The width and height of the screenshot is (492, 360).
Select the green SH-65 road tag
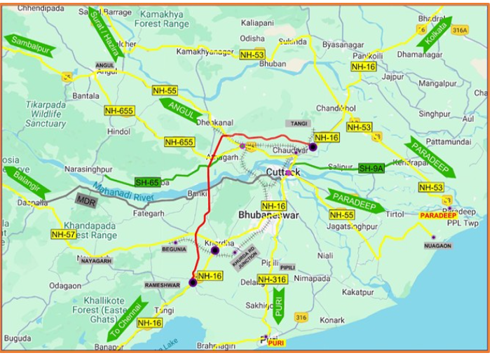[x=148, y=182]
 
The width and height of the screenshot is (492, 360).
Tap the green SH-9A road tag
[x=371, y=168]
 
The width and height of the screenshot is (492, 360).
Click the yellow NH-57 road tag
[x=63, y=234]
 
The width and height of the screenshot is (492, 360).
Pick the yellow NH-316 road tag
[x=272, y=279]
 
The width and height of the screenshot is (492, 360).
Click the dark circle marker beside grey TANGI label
[x=313, y=147]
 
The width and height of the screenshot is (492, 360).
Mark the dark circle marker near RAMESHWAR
[x=193, y=282]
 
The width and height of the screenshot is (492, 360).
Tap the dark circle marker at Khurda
[x=215, y=250]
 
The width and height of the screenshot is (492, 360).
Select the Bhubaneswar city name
[x=268, y=215]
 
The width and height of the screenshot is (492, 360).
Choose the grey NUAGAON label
[x=438, y=246]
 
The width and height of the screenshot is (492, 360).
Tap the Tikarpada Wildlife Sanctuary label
[x=46, y=113]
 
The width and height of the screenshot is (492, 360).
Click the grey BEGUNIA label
[x=174, y=249]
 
